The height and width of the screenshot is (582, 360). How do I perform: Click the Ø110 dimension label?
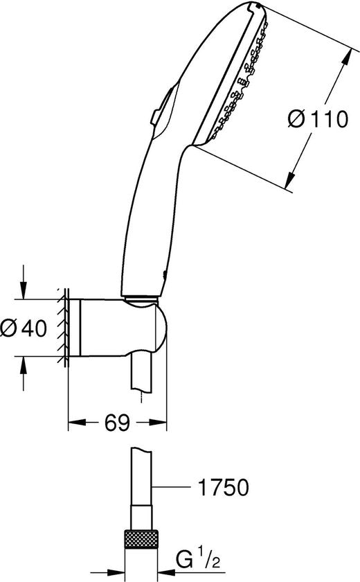coord(318,119)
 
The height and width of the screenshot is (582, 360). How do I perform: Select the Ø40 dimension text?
coord(24,328)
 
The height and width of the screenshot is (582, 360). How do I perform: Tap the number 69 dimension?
coord(117,423)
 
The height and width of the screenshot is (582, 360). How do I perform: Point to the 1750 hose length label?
coord(223,487)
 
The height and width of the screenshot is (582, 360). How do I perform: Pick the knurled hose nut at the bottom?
coord(141,539)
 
